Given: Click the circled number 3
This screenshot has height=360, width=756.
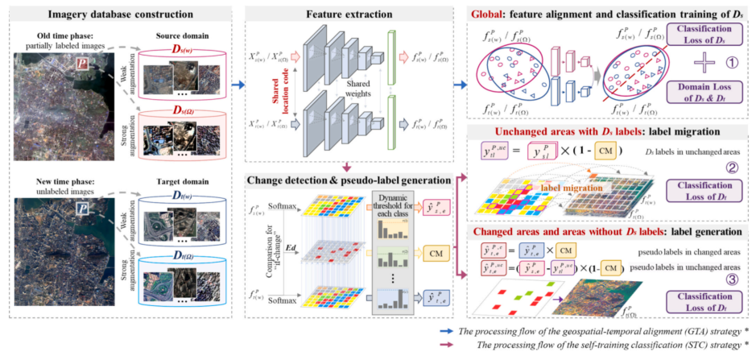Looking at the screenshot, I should pos(731,281).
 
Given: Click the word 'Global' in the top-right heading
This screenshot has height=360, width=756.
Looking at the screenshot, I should pos(493,14).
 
